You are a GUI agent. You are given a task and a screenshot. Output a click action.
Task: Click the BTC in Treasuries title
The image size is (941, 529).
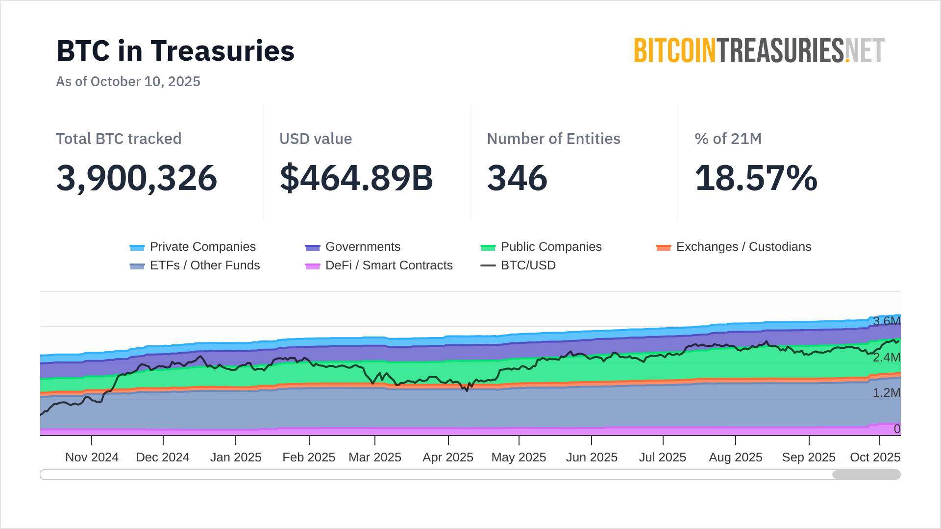[x=175, y=51]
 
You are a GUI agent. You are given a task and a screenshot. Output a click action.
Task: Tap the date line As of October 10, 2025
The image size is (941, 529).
[x=128, y=81]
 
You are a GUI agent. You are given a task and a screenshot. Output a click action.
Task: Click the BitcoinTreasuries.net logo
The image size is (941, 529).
[x=759, y=51]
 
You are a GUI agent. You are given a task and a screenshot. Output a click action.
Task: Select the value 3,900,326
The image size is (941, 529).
[x=136, y=178]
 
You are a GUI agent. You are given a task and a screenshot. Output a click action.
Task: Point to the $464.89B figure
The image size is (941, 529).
[x=356, y=178]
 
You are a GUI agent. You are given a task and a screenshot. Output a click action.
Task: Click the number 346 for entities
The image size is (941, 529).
[x=517, y=178]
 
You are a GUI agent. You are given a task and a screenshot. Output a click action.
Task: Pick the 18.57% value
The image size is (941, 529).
[x=756, y=178]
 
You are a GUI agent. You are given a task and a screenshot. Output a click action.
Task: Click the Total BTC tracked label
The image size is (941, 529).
[x=119, y=139]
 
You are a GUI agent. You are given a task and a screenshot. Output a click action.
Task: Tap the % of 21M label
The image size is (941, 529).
[x=728, y=139]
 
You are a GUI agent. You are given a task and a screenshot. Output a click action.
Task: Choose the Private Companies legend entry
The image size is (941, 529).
[x=193, y=247]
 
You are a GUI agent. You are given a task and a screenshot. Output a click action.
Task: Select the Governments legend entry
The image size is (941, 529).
[x=353, y=247]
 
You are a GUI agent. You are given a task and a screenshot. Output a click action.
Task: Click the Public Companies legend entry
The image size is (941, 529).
[x=542, y=247]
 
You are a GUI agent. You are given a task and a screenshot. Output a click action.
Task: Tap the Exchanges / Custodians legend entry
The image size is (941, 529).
[x=734, y=247]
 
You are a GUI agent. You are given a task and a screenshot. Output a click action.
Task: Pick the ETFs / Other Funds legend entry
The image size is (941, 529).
[x=195, y=265]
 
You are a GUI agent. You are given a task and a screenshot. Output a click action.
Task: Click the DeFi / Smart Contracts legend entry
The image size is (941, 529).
[x=379, y=265]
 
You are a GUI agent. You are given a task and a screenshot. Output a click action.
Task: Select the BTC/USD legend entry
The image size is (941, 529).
[x=519, y=265]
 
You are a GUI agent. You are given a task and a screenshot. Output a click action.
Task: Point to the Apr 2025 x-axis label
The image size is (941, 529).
[x=448, y=457]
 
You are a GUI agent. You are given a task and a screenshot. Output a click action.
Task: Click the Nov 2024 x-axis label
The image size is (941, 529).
[x=92, y=457]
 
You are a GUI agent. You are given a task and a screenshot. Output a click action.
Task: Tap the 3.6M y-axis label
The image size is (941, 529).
[x=886, y=321]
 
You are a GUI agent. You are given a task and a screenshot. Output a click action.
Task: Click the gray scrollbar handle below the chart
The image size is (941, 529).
[x=866, y=475]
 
